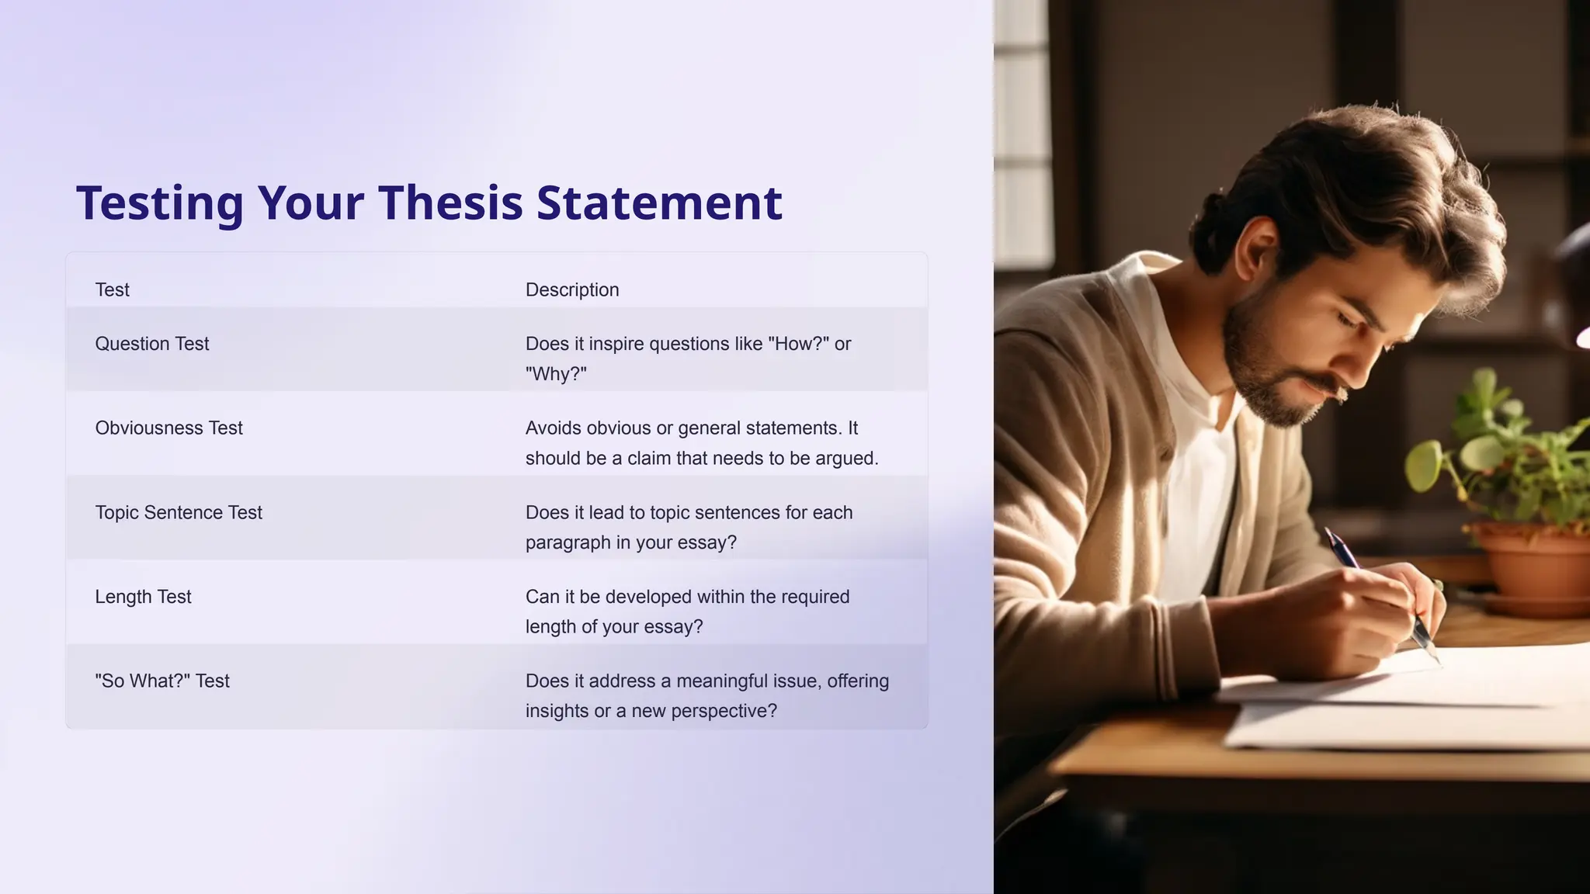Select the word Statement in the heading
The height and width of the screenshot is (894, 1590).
click(659, 203)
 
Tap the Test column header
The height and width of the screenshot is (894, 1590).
click(112, 290)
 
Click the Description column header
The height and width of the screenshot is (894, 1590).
click(572, 290)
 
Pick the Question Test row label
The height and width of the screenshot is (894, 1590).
click(152, 344)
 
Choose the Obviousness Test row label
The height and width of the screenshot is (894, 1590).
click(168, 428)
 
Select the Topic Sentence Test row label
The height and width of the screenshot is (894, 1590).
click(179, 513)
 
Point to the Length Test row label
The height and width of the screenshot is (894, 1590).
click(143, 597)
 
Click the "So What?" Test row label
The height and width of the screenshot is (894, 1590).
click(162, 681)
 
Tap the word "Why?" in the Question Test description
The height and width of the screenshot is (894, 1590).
click(556, 374)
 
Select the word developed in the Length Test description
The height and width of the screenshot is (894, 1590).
click(648, 597)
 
